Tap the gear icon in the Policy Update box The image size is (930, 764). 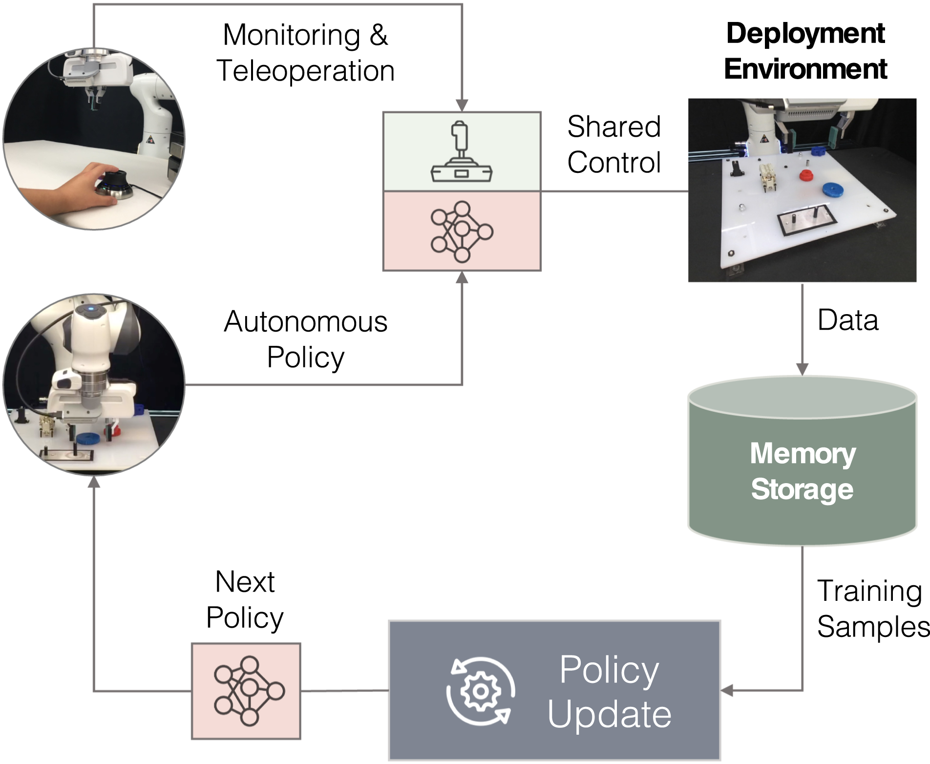click(x=481, y=691)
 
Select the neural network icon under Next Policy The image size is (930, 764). click(x=249, y=691)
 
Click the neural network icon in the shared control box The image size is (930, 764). click(x=462, y=232)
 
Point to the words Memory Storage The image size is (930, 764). click(x=803, y=471)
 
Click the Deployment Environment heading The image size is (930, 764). click(x=805, y=51)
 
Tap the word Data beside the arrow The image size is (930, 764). click(x=848, y=320)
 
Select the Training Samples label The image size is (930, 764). click(x=873, y=609)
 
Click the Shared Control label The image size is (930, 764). click(x=614, y=145)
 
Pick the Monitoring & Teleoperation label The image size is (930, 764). click(x=305, y=53)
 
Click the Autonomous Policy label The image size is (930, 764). click(x=305, y=340)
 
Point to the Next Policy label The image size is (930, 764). click(x=245, y=600)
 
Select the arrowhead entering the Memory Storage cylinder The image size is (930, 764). click(x=802, y=369)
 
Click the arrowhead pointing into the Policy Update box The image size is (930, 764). click(x=727, y=691)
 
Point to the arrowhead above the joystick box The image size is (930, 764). click(x=462, y=106)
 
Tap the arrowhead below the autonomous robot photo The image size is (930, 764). click(x=93, y=482)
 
